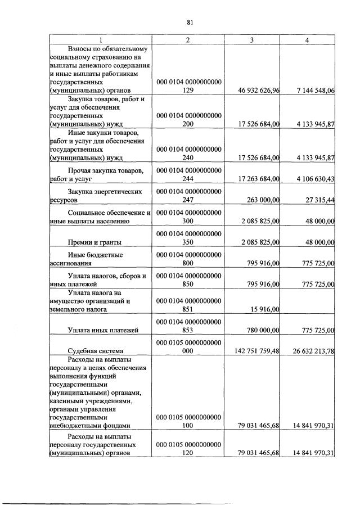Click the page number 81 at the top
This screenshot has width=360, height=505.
[190, 22]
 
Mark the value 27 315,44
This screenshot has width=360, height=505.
[317, 200]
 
